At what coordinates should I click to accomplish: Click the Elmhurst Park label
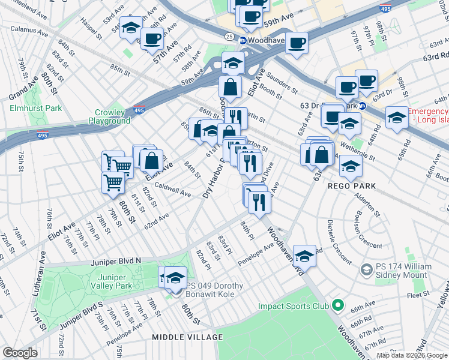coord(36,108)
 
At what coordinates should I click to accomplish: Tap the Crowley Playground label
coord(109,116)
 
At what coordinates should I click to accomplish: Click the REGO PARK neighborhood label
coord(352,186)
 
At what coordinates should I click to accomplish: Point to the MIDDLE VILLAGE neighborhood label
coord(187,337)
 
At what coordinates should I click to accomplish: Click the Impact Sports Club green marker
coord(337,306)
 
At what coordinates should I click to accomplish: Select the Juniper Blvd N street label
coord(115,261)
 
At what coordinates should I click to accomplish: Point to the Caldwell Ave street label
coord(172,190)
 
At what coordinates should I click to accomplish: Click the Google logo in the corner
coord(19,352)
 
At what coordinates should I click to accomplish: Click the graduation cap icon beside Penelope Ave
coord(305,256)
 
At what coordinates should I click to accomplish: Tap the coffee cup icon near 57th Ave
coord(152,39)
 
